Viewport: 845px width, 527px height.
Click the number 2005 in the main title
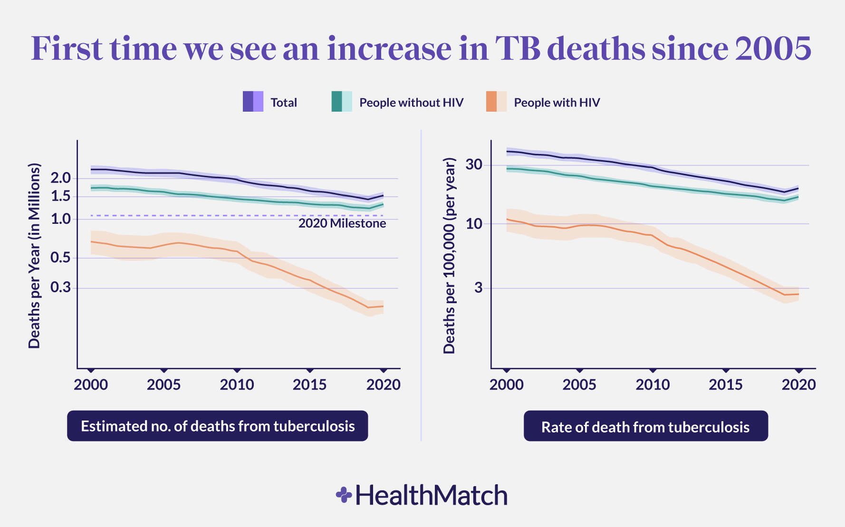coord(773,48)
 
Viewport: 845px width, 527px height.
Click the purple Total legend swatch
coord(253,102)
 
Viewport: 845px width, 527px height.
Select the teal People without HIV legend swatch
coord(341,102)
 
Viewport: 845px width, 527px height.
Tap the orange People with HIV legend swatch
coord(496,102)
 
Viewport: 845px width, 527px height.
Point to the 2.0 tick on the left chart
coord(60,179)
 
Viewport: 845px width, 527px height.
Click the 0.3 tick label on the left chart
coord(60,287)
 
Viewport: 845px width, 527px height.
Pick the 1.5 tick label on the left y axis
coord(60,196)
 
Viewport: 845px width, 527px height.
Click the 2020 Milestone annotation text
coord(342,223)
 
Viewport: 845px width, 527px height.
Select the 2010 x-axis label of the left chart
coord(237,384)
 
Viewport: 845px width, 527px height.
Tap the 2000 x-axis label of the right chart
coord(507,384)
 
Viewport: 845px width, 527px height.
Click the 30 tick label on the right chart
coord(474,165)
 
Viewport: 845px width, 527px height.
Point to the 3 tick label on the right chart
coord(478,287)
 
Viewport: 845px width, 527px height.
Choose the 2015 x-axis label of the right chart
coord(726,384)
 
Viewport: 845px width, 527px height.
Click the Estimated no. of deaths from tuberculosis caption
coord(218,426)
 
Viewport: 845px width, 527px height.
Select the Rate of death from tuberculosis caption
coord(645,427)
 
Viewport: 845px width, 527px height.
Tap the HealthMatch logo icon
coord(344,495)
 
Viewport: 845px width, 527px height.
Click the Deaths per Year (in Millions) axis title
coord(34,256)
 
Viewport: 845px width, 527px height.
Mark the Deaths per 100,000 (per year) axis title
coord(449,256)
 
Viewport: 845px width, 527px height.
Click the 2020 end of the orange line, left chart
coord(383,306)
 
